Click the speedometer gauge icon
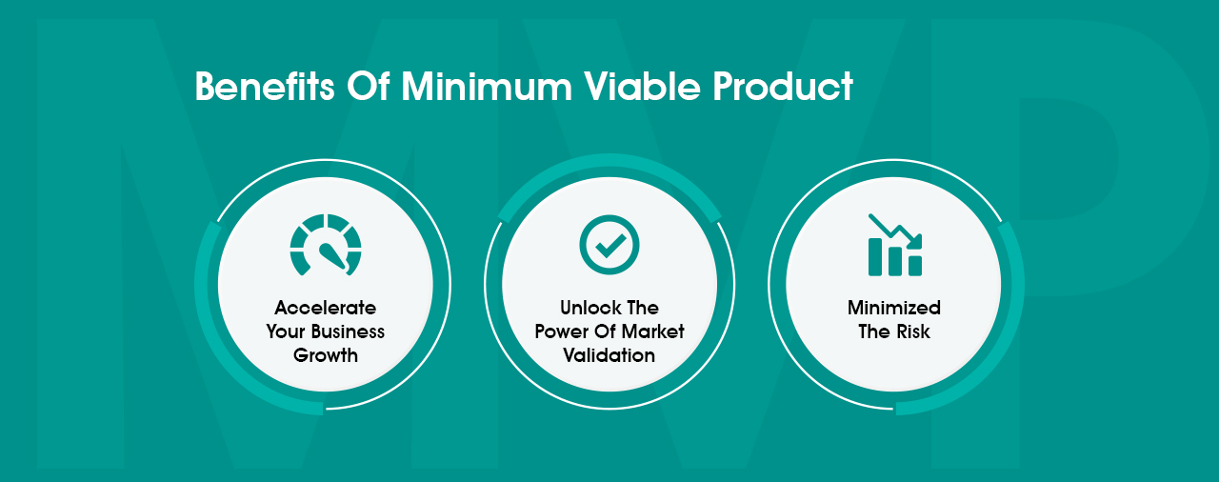[326, 245]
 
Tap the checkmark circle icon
[609, 245]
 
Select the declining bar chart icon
[895, 245]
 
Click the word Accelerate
[326, 308]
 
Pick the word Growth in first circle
[326, 355]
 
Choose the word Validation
[609, 355]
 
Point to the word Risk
[912, 331]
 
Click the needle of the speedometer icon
[330, 255]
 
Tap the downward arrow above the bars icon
[895, 228]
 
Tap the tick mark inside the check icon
[609, 246]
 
